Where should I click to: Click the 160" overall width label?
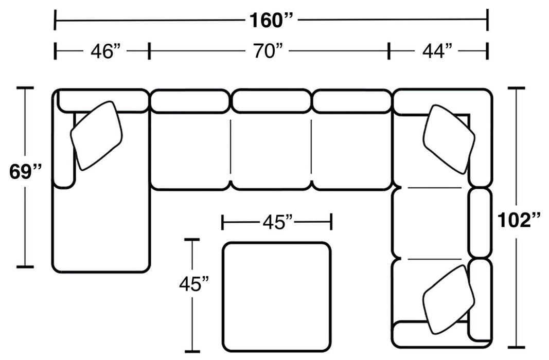coord(271,21)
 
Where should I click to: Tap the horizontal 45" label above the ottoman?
coord(277,222)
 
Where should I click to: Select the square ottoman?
coord(277,295)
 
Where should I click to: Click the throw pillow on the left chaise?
coord(97,135)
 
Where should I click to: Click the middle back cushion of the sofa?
coord(271,101)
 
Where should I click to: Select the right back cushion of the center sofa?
coord(351,101)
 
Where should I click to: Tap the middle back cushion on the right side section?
coord(481,222)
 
